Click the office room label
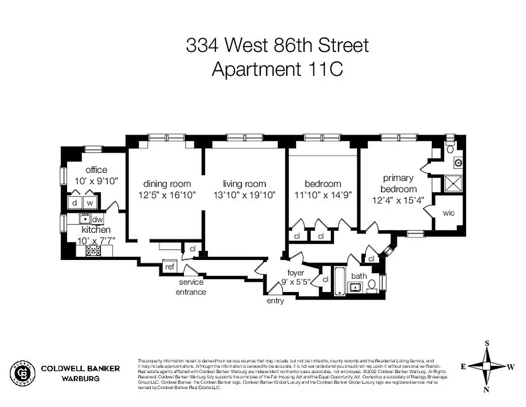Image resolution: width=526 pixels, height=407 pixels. coord(96,170)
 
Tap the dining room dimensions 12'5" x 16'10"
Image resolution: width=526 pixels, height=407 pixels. coord(167,194)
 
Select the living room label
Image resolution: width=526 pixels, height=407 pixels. coord(244,184)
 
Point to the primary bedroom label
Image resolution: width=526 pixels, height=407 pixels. coord(398,184)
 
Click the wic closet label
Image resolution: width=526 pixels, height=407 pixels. coord(448,213)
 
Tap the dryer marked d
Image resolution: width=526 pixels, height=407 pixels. coord(74,202)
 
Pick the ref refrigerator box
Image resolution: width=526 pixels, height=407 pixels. coord(169,267)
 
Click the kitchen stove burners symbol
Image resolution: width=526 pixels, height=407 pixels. coord(92,250)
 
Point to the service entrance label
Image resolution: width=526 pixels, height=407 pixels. coord(191,287)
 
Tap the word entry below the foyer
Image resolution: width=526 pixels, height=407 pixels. coord(275,301)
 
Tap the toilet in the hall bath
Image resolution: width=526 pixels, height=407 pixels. coord(372,285)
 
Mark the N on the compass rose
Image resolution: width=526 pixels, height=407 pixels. coord(487,390)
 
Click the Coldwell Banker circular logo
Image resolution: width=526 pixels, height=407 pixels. coord(23,373)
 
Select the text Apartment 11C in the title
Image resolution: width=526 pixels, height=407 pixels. coord(277,69)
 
